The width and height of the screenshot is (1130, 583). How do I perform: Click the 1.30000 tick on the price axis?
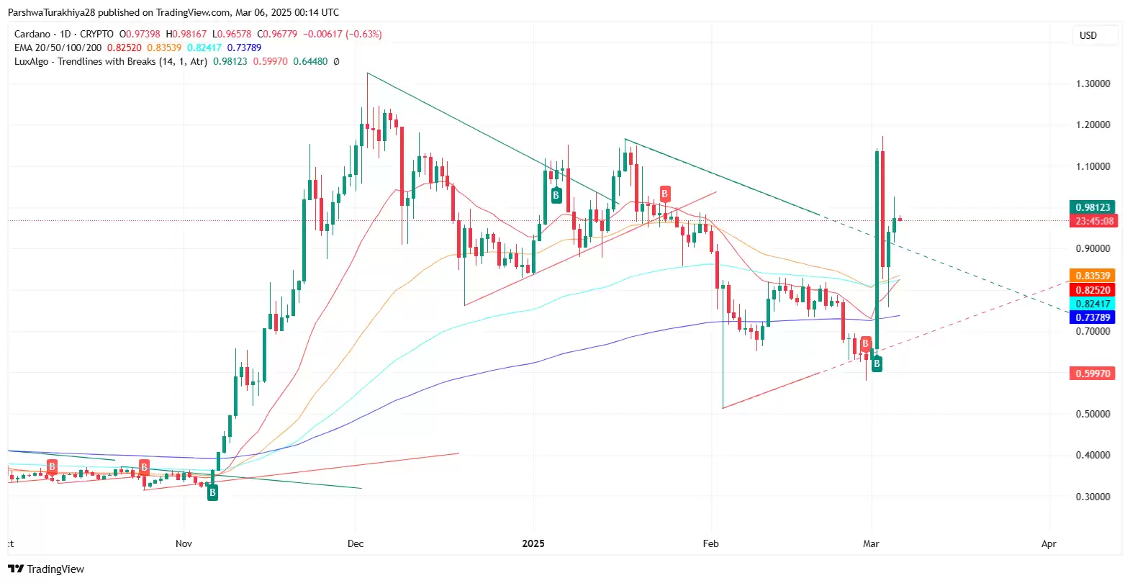coord(1093,84)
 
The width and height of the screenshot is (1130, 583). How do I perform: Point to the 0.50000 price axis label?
coord(1093,415)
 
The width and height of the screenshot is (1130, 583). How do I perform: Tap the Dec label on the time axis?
coord(356,543)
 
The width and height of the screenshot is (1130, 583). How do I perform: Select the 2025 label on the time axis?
coord(533,543)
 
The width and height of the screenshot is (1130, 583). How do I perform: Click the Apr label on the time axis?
coord(1049,543)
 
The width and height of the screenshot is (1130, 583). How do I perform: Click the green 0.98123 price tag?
coord(1093,207)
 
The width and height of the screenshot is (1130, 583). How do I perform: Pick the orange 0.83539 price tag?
coord(1093,276)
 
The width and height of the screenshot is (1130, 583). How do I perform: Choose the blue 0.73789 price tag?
coord(1093,317)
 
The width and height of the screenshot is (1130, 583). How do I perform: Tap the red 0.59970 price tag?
coord(1093,374)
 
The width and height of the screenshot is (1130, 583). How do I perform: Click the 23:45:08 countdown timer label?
coord(1093,221)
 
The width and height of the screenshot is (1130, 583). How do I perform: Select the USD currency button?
coord(1088,35)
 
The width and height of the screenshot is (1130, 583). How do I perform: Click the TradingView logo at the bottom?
coord(47,569)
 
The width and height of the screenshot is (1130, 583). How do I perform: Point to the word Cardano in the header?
coord(32,34)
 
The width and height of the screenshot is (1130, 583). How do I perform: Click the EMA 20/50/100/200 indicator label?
coord(58,48)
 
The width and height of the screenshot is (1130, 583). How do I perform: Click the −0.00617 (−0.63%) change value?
coord(343,34)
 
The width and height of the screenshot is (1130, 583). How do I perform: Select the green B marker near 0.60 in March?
coord(877,364)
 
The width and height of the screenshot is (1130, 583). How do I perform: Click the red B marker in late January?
coord(664,194)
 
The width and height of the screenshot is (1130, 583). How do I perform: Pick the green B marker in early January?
coord(556,195)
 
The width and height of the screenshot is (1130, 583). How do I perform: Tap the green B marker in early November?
coord(212,492)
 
